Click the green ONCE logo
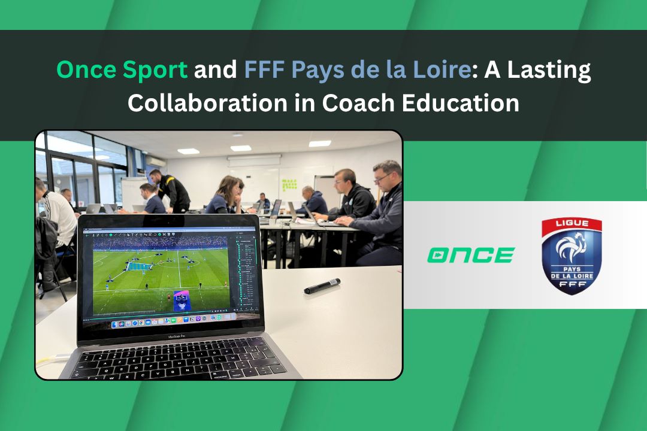point(471,255)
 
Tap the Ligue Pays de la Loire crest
point(572,256)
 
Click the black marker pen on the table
point(322,286)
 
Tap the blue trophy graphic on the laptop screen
point(181,300)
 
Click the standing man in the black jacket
point(170,192)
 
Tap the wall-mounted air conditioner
point(155,161)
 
